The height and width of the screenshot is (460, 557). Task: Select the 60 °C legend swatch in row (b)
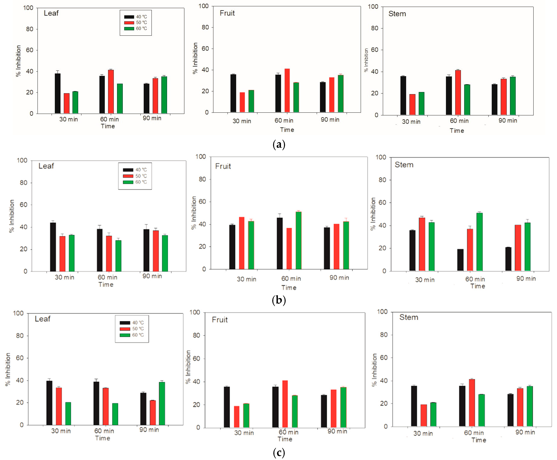pos(128,182)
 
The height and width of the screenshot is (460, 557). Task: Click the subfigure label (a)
pos(279,145)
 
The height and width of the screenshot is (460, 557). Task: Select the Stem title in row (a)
pos(397,14)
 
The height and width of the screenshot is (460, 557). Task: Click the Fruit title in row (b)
pos(223,166)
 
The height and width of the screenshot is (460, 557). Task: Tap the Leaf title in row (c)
pos(42,319)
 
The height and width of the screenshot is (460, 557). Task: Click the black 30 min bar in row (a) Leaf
pos(58,93)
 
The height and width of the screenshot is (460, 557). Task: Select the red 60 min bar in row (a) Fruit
pos(287,90)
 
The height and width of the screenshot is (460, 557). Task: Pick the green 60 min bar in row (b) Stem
pos(479,242)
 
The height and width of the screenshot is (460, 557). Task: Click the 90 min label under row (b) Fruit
pos(339,278)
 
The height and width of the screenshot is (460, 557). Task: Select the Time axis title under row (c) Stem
pos(478,440)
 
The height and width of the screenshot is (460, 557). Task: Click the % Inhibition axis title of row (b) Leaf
pos(12,216)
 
